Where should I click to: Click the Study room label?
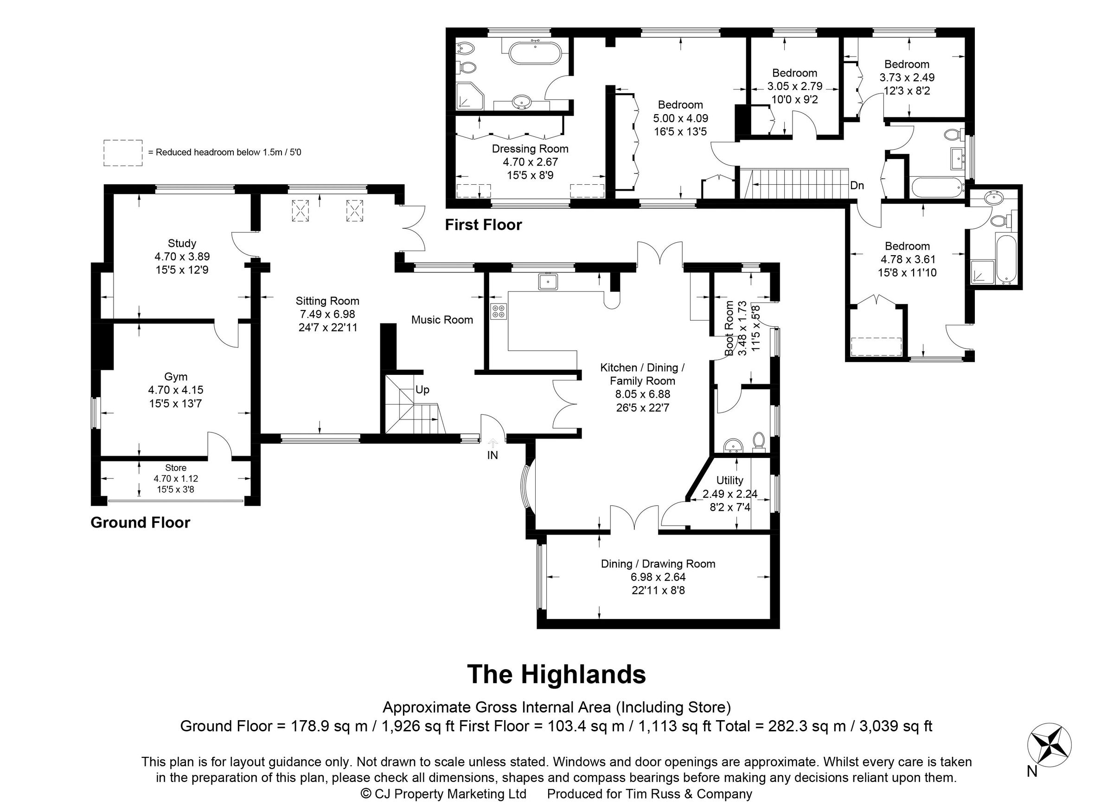tap(182, 243)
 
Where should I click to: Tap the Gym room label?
tap(176, 377)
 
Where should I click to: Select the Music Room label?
tap(441, 320)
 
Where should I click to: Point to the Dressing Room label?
tap(530, 149)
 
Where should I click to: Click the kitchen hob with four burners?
tap(498, 311)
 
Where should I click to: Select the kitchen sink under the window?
tap(547, 282)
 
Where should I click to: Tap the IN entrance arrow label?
tap(492, 455)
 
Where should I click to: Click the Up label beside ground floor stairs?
tap(422, 390)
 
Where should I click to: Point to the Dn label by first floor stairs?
tap(857, 186)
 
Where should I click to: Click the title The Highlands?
tap(556, 674)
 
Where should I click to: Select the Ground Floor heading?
tap(140, 522)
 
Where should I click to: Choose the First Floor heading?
tap(483, 225)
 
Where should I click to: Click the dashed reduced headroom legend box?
tap(123, 153)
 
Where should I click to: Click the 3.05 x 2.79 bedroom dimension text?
tap(794, 86)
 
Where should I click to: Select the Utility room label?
tap(729, 480)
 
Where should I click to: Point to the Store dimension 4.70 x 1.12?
tap(176, 478)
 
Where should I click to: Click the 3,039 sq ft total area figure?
tap(896, 726)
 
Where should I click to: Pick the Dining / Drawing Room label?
tap(658, 564)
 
